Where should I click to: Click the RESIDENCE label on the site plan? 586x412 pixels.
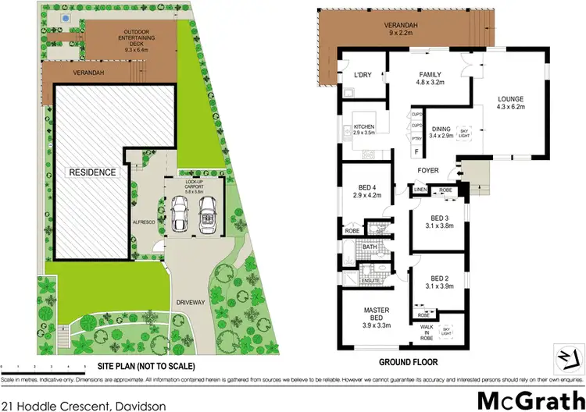click(91, 172)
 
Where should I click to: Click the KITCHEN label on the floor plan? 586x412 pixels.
click(365, 130)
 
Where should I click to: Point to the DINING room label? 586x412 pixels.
click(442, 133)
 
